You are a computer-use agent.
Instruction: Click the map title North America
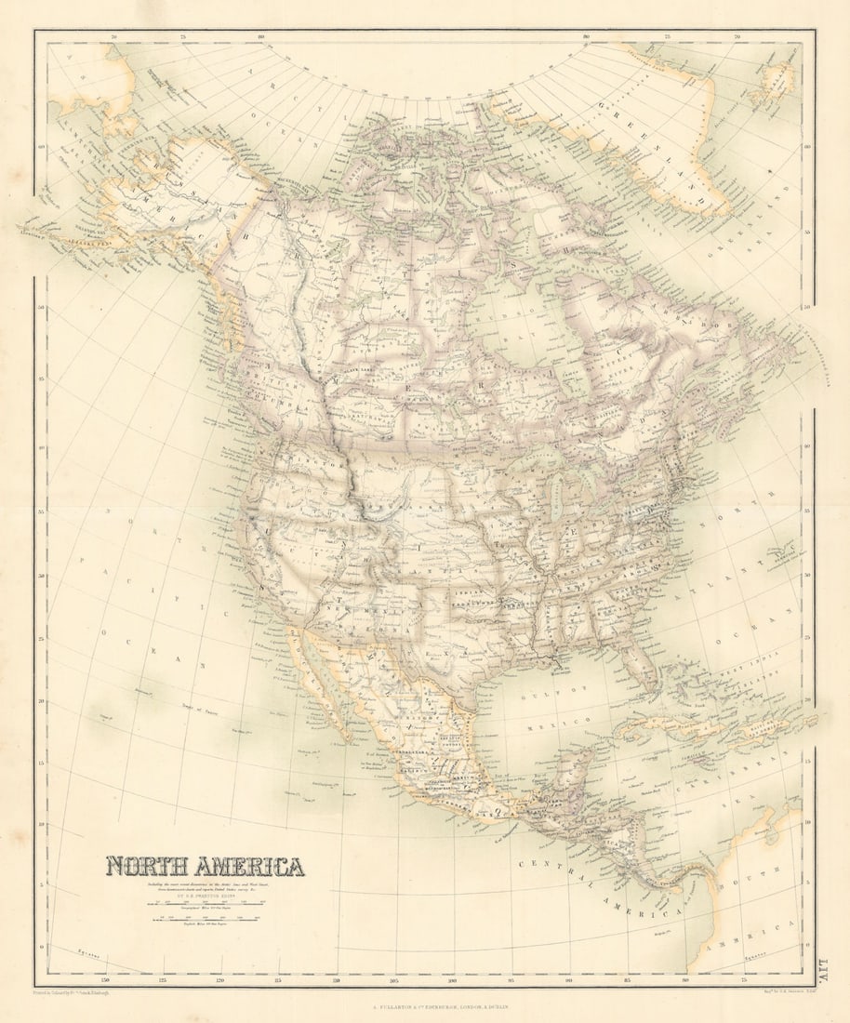pos(205,867)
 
